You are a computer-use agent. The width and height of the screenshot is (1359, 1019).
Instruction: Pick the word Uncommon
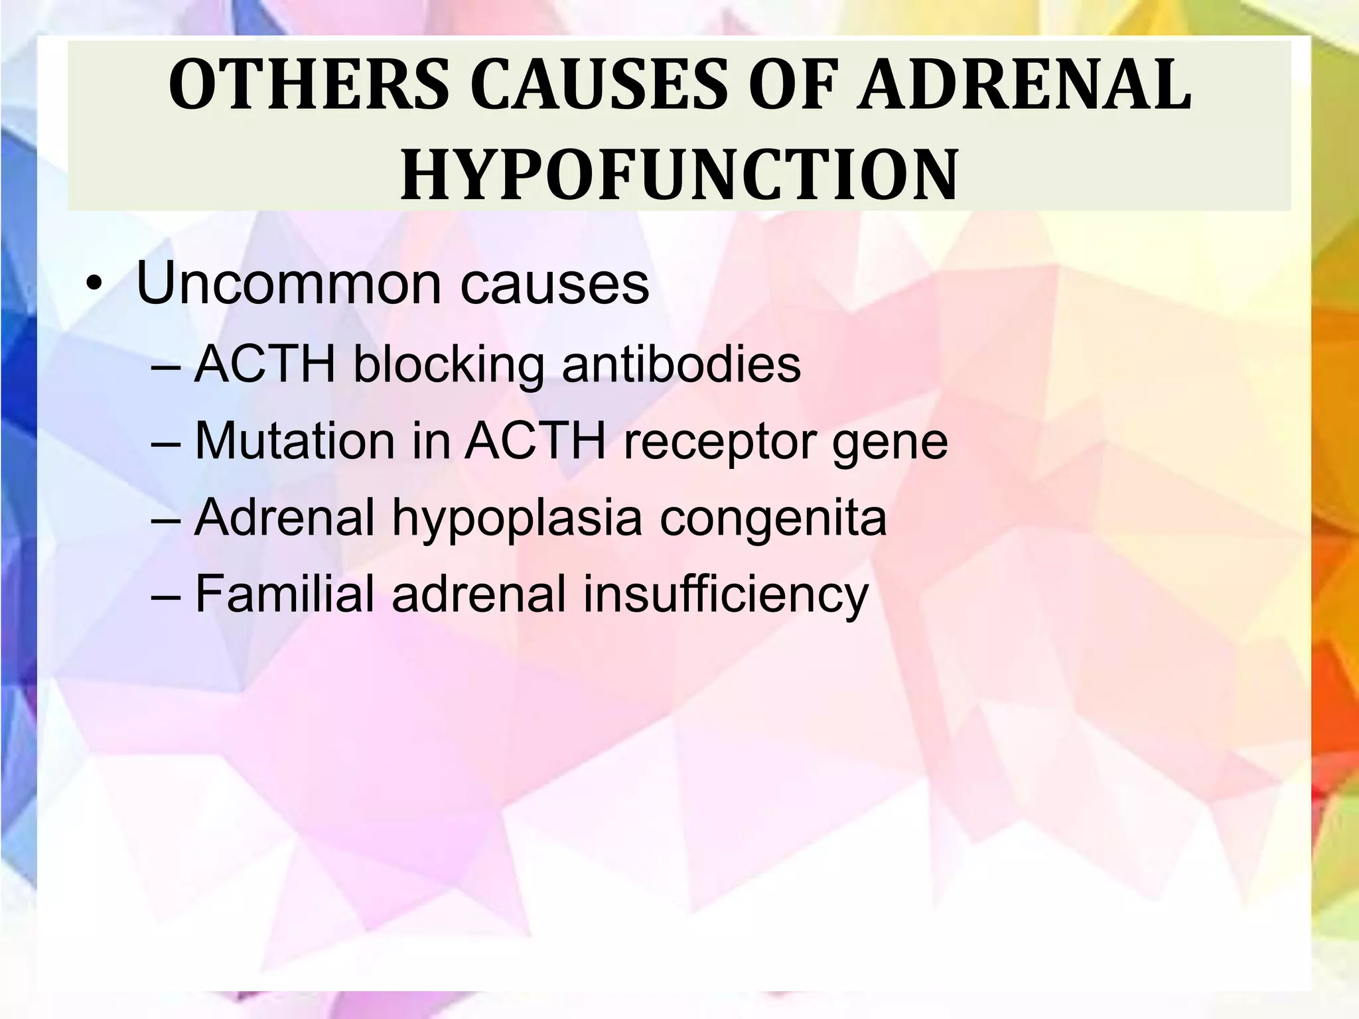[288, 284]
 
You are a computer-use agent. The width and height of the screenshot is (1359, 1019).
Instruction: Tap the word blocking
[447, 366]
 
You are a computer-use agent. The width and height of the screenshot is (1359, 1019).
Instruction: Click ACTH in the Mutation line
[535, 441]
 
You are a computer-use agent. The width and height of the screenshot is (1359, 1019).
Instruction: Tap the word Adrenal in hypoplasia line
[285, 517]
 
